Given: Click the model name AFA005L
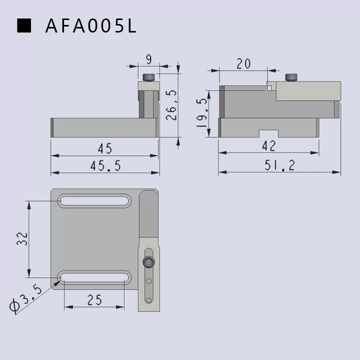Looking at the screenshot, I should click(x=90, y=26).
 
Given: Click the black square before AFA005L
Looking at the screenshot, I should click(x=24, y=25).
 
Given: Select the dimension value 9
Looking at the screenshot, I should click(x=148, y=59).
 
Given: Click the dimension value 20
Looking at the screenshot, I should click(x=243, y=64).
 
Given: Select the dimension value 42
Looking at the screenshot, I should click(x=268, y=146).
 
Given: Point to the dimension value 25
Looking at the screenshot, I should click(x=94, y=299).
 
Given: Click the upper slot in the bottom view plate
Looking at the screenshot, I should click(x=94, y=201).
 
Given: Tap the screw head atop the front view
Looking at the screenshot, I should click(x=148, y=77).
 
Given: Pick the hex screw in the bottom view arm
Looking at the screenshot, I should click(x=148, y=262).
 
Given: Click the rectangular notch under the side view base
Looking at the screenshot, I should click(x=268, y=133).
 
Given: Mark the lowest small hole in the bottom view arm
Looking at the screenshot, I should click(x=148, y=299).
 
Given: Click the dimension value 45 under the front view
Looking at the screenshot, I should click(x=105, y=148).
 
